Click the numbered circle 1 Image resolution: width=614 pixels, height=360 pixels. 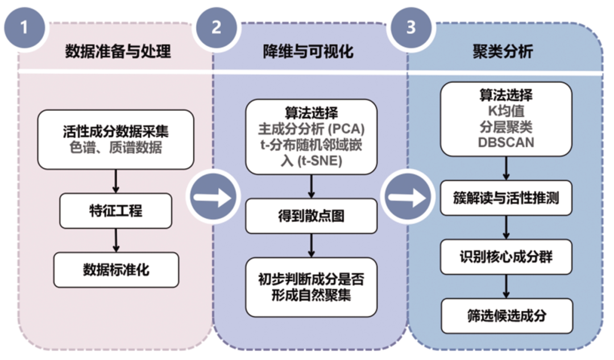point(24,28)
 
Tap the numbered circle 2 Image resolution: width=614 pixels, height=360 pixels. point(217,28)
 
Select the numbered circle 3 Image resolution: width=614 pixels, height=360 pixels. point(410,28)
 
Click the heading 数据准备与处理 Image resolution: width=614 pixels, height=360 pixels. point(118,51)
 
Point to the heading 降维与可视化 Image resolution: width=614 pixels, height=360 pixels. point(308,51)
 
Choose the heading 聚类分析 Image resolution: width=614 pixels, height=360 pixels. point(503,51)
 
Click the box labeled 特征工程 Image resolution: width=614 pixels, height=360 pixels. point(115,211)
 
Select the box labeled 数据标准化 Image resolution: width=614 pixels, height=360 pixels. point(116,270)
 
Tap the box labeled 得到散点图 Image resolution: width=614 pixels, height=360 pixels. point(312,216)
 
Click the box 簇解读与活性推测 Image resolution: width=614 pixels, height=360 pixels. point(506,198)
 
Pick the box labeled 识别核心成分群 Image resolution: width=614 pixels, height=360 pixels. point(506,257)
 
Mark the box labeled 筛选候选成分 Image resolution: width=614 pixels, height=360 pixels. point(507,316)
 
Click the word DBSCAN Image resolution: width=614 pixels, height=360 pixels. point(506,143)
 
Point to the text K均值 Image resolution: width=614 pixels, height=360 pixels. point(506,111)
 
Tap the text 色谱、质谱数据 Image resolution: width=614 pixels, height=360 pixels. point(115,148)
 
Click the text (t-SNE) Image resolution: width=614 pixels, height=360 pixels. point(320,161)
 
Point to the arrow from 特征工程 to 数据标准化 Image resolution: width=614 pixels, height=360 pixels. point(116,240)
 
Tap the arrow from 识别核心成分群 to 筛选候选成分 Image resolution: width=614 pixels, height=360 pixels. point(506,287)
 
